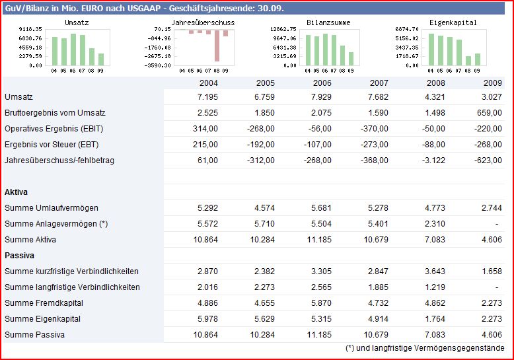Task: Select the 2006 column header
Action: [322, 83]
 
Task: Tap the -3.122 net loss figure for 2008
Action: [432, 161]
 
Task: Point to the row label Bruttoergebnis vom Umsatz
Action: [55, 113]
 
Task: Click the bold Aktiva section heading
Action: [16, 192]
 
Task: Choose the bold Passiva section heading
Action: [19, 256]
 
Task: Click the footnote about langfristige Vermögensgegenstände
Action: [425, 348]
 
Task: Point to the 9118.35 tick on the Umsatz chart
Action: [31, 30]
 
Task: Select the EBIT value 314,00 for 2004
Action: [205, 129]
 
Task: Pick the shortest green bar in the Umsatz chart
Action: [101, 59]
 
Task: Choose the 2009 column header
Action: [493, 83]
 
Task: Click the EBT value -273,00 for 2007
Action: [375, 145]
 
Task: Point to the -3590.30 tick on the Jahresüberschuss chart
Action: [158, 65]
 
